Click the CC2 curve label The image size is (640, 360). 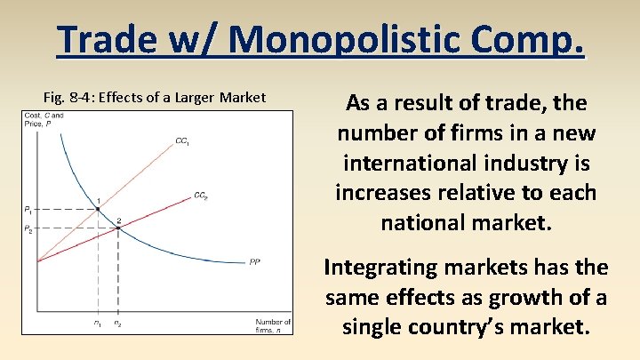(201, 196)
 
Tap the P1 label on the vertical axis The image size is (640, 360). (28, 211)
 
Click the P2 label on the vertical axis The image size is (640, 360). (28, 229)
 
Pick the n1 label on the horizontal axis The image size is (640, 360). (97, 323)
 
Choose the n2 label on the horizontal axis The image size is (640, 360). (118, 323)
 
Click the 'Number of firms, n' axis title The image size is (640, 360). (273, 325)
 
